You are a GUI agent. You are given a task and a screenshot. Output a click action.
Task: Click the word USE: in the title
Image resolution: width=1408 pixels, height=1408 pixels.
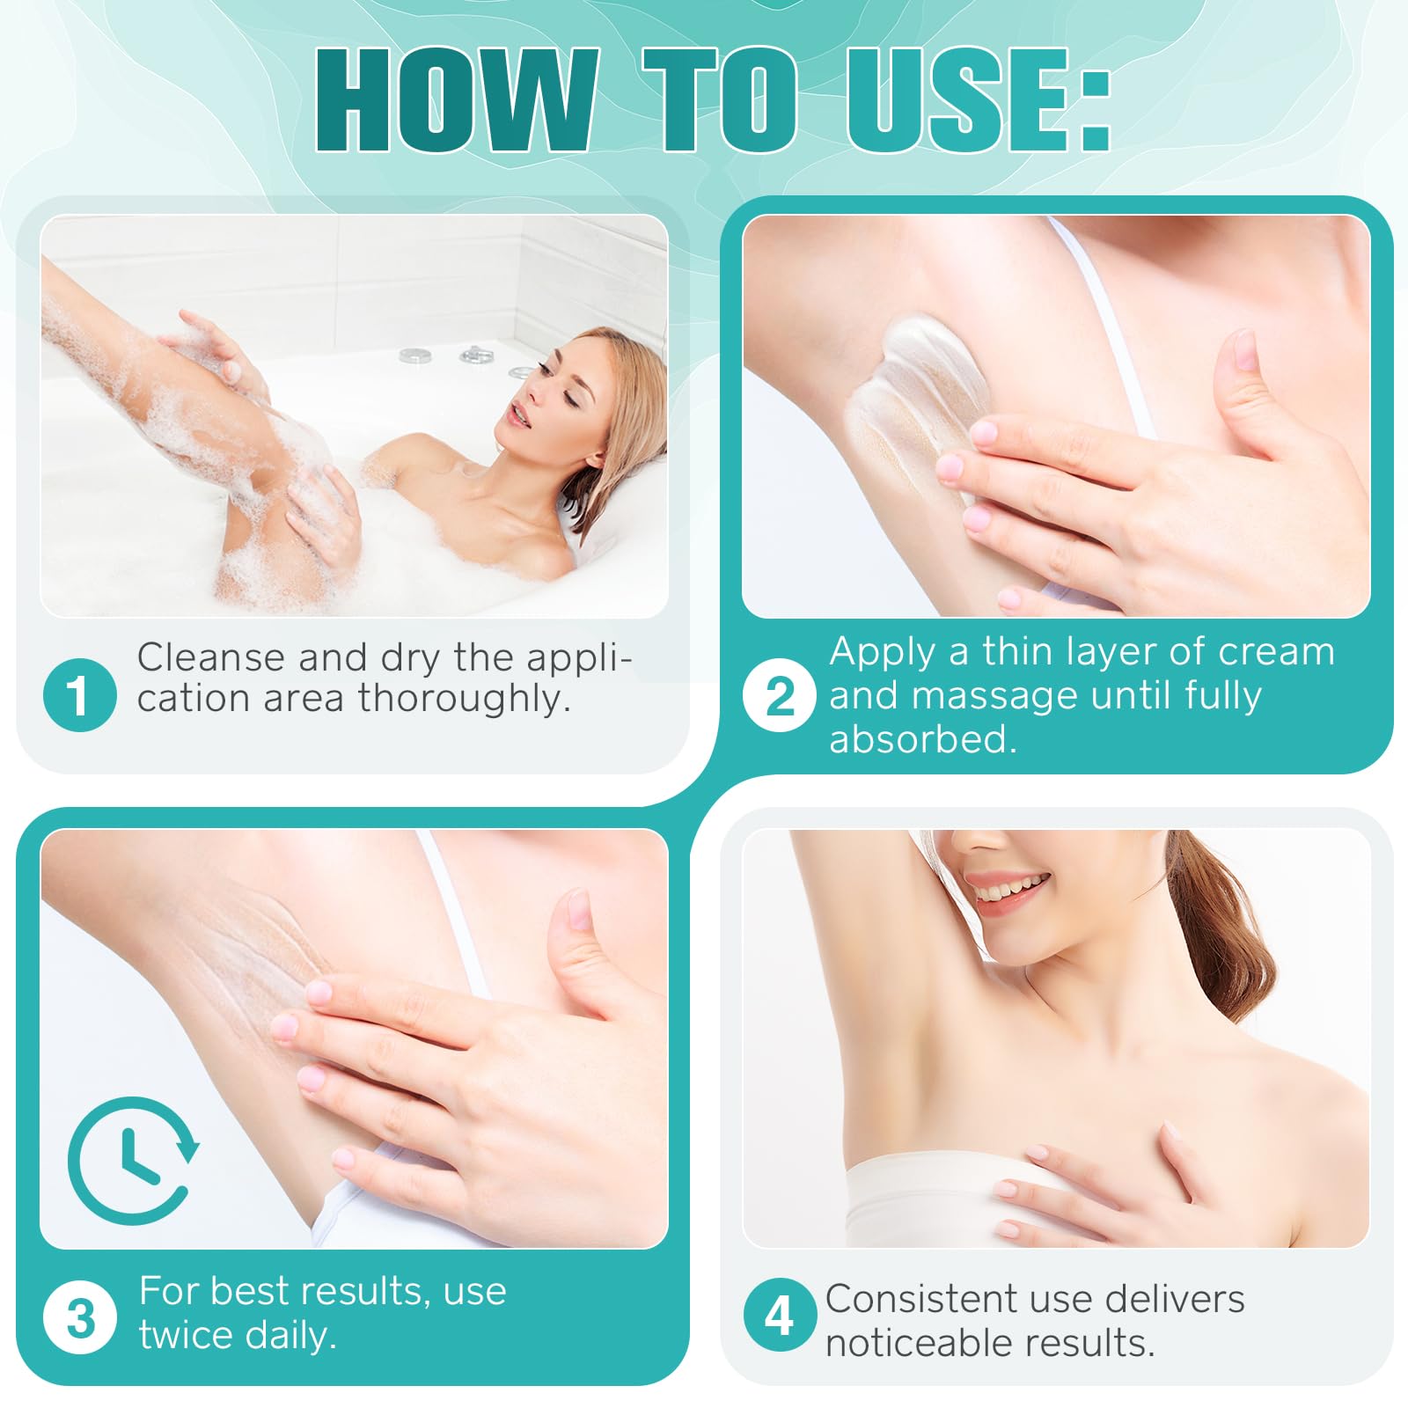pyautogui.click(x=979, y=99)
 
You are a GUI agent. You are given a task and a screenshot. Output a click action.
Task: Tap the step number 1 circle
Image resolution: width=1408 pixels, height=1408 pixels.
pyautogui.click(x=79, y=694)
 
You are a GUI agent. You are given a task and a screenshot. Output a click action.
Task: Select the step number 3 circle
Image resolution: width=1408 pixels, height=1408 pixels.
pyautogui.click(x=79, y=1317)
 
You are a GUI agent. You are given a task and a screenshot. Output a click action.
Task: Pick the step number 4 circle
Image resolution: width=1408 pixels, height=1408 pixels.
pyautogui.click(x=780, y=1315)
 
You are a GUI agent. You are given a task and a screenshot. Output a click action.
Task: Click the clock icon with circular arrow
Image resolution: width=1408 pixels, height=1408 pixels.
pyautogui.click(x=132, y=1160)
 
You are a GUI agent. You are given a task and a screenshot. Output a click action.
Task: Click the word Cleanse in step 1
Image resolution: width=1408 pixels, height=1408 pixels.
pyautogui.click(x=211, y=656)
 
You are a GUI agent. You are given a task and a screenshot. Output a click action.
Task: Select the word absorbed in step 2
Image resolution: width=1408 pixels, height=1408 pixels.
pyautogui.click(x=922, y=738)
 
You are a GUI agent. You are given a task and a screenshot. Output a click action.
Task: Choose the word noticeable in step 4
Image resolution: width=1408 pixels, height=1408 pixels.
pyautogui.click(x=927, y=1343)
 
